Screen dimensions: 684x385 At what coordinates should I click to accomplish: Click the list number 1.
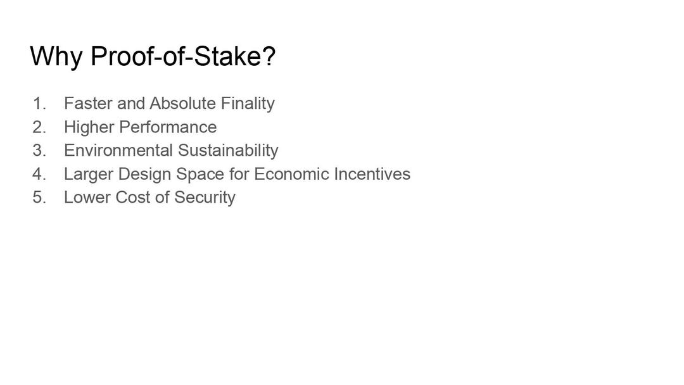(39, 103)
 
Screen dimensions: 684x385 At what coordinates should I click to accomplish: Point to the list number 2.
(39, 127)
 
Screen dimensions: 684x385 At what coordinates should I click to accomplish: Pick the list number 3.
(39, 151)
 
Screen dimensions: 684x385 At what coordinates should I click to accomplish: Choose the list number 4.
(39, 174)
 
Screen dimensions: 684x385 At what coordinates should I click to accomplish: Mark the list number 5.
(39, 197)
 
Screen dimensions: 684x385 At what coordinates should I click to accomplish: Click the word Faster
(89, 103)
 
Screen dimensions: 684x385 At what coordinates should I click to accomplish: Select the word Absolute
(183, 103)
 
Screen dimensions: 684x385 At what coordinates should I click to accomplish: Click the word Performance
(168, 127)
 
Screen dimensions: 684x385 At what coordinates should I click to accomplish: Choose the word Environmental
(118, 151)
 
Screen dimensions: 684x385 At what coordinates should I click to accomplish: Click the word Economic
(291, 174)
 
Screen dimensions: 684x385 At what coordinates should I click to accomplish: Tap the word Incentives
(372, 174)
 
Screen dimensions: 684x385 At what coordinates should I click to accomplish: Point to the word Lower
(87, 197)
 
